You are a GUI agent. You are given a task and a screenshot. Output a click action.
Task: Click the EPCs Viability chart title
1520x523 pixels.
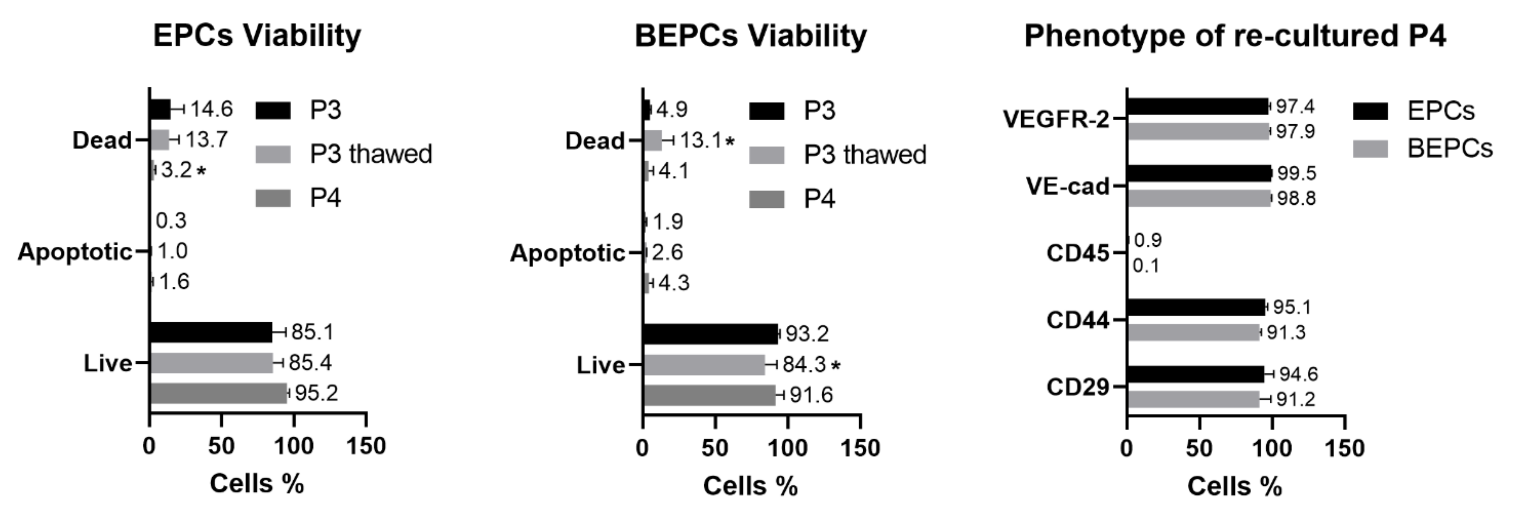(x=257, y=36)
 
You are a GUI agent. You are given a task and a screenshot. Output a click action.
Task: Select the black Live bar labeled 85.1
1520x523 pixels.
(x=210, y=332)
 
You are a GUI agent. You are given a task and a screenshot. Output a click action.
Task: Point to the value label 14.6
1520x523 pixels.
(x=211, y=109)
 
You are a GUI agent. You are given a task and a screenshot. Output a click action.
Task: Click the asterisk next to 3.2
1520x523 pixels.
(x=202, y=172)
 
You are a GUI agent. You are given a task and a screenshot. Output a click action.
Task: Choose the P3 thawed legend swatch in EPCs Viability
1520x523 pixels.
(x=273, y=154)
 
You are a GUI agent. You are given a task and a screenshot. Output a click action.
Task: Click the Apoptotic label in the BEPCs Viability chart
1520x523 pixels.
(x=567, y=253)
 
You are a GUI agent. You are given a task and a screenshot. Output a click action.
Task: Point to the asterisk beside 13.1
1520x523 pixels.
(x=731, y=142)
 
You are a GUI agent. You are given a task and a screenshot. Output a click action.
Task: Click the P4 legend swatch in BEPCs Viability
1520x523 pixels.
(x=766, y=199)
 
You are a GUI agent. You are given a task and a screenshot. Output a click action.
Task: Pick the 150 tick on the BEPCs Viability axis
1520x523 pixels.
(x=860, y=449)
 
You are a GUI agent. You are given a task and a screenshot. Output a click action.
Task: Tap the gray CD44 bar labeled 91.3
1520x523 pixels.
(x=1193, y=333)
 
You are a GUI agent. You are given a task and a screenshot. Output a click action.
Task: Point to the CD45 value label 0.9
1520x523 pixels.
(x=1148, y=240)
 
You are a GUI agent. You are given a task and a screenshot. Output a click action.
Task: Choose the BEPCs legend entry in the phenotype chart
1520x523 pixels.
(x=1422, y=148)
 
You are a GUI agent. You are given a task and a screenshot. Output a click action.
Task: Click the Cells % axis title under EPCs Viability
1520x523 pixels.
(x=257, y=484)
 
